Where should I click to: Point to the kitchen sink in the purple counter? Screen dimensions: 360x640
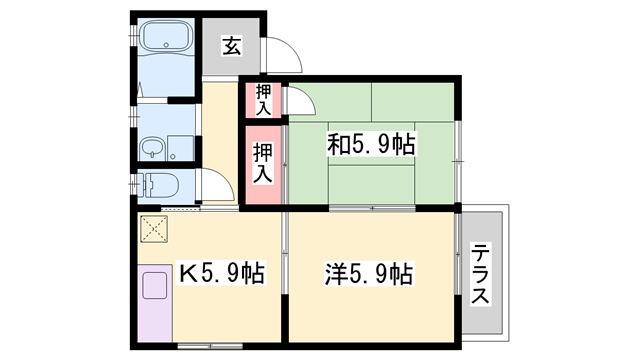click(155, 287)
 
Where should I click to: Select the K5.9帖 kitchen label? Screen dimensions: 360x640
click(221, 272)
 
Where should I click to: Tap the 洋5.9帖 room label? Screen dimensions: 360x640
click(369, 272)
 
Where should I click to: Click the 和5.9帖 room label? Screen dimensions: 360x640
click(371, 144)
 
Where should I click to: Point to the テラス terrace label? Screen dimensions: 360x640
click(482, 274)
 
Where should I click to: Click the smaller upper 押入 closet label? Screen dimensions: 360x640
click(264, 99)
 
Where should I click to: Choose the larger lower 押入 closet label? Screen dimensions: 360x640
click(262, 163)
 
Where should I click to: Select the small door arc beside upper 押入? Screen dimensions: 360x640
click(297, 101)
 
